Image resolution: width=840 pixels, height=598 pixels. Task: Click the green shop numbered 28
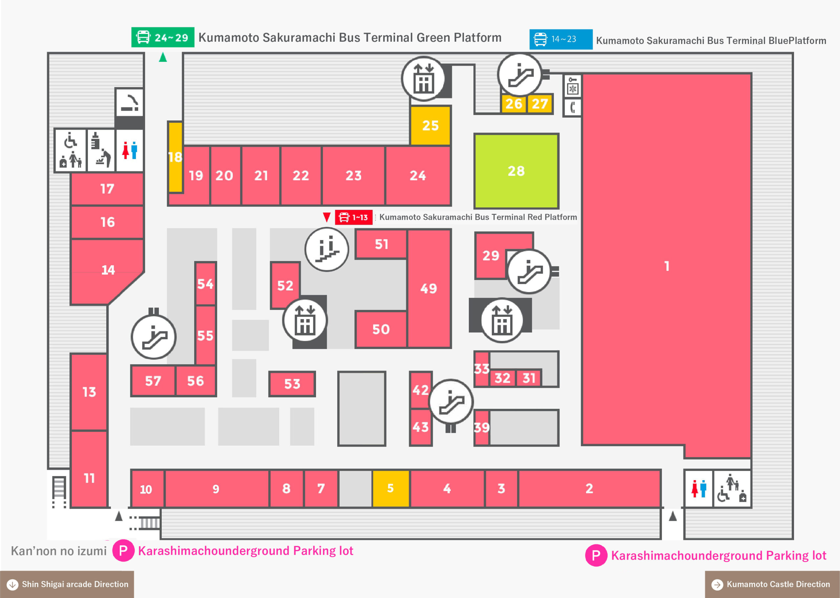(x=516, y=171)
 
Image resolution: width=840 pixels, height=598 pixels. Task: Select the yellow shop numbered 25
(x=430, y=125)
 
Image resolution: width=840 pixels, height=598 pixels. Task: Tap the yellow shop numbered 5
(x=390, y=488)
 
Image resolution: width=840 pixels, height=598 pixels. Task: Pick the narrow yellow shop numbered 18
(x=175, y=157)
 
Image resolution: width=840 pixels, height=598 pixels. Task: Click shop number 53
(x=292, y=384)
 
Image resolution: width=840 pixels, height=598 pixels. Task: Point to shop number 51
(x=381, y=244)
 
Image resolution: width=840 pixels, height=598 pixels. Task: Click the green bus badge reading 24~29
(x=163, y=37)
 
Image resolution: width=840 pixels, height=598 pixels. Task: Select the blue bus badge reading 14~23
(x=561, y=39)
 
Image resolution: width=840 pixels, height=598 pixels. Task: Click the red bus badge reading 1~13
(x=354, y=217)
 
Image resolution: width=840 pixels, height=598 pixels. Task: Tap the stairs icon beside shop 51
(x=327, y=249)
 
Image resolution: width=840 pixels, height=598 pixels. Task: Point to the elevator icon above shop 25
(x=424, y=79)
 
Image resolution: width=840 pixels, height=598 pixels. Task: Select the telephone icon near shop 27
(x=572, y=107)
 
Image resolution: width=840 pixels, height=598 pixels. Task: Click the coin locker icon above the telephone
(x=573, y=85)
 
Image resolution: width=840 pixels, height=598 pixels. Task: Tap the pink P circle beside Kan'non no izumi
(x=123, y=550)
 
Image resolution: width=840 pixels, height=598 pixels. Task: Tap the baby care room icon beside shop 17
(x=101, y=150)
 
